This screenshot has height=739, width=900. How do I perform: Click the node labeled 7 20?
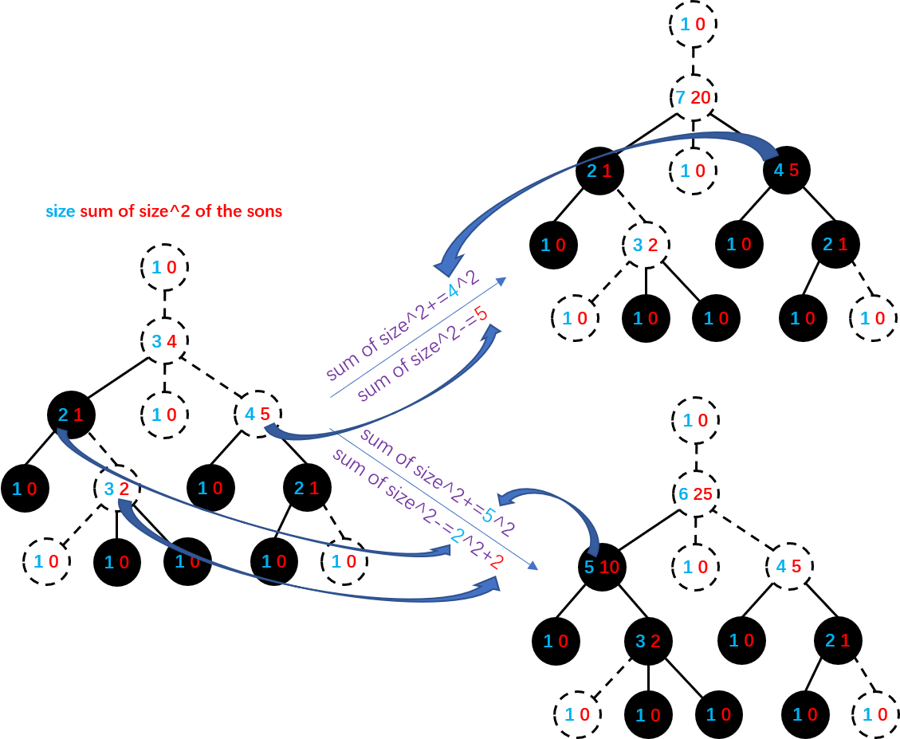[x=693, y=97]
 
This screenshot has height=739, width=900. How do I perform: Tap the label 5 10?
[x=602, y=568]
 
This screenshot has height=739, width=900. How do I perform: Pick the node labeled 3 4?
[x=164, y=342]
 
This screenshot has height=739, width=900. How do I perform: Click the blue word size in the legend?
[x=61, y=212]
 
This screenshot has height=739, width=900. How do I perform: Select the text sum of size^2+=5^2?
[x=437, y=482]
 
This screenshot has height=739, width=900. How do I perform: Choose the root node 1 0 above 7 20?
[x=693, y=25]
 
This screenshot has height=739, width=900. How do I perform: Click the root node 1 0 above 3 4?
[x=164, y=268]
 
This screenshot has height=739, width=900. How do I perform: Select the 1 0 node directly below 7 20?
[x=693, y=171]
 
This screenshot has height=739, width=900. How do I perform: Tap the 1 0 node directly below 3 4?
[x=164, y=415]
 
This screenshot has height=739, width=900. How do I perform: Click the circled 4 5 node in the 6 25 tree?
[x=788, y=568]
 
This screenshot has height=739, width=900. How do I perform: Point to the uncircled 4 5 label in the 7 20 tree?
[x=786, y=171]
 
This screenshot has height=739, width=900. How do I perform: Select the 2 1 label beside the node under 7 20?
[x=599, y=171]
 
